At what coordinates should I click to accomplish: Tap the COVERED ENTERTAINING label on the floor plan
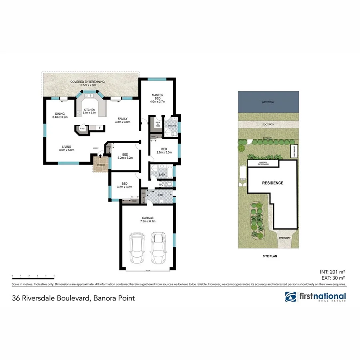point(87,83)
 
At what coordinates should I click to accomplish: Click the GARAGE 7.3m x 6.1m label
point(147,219)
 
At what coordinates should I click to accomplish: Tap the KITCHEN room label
point(88,111)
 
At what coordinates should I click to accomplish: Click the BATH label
point(161,174)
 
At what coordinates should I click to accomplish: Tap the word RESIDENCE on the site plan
point(272,183)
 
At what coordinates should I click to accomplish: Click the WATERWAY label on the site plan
point(268,103)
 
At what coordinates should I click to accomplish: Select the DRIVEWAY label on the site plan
point(286,237)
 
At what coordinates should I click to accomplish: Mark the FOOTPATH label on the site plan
point(268,124)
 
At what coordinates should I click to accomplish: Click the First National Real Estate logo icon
point(290,297)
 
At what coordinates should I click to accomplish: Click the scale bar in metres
point(33,277)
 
